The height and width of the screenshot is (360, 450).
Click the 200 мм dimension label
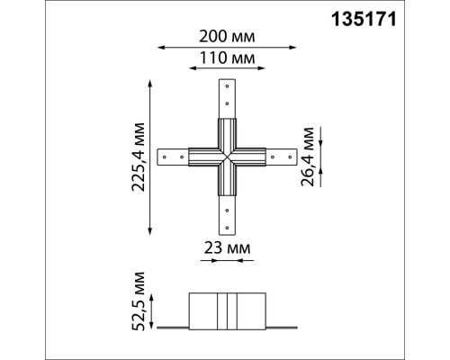click(225, 37)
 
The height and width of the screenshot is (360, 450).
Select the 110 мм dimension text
click(225, 58)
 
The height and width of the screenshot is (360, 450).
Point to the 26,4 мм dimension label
click(310, 158)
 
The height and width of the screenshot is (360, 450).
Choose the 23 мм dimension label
click(225, 246)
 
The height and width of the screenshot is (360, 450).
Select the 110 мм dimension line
click(225, 70)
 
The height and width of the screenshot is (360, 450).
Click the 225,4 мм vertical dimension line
click(149, 158)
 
